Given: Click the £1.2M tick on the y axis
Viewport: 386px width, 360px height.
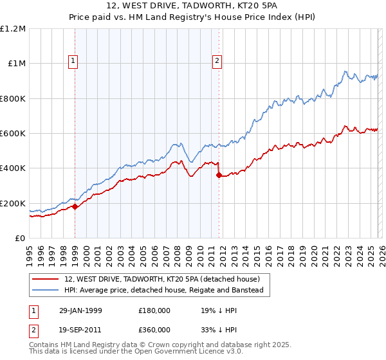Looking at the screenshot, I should pyautogui.click(x=14, y=29).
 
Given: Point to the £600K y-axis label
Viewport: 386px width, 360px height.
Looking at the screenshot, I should pyautogui.click(x=13, y=134).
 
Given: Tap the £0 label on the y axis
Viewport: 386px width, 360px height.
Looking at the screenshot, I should pyautogui.click(x=21, y=239).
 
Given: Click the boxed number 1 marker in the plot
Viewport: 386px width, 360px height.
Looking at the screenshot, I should pyautogui.click(x=73, y=61).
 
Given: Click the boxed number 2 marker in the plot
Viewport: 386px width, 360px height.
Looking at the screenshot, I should pyautogui.click(x=217, y=61).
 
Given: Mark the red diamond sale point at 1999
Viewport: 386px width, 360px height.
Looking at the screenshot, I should pyautogui.click(x=75, y=206).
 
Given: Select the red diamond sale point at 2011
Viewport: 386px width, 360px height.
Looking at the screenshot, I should pyautogui.click(x=219, y=175).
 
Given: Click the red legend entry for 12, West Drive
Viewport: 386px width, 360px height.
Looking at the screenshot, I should pyautogui.click(x=161, y=280).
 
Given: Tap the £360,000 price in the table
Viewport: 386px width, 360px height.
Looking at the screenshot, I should pyautogui.click(x=154, y=329).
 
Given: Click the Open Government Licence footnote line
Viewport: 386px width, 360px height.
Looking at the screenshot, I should pyautogui.click(x=135, y=352).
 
